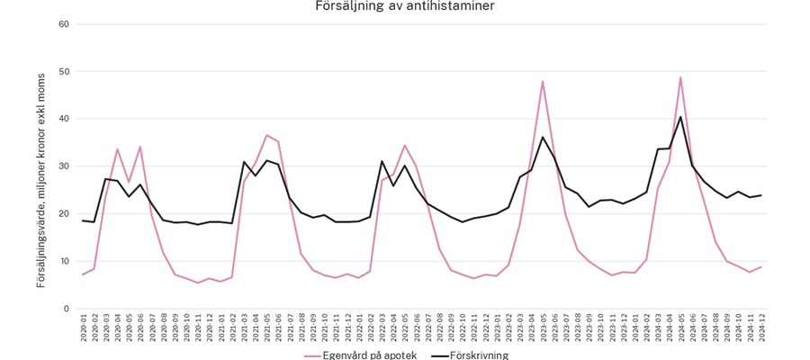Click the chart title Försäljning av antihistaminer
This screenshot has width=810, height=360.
coord(404,6)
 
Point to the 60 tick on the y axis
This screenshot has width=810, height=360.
coord(64,23)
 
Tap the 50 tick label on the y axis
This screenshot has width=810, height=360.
coord(64,71)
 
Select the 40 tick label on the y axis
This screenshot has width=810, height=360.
coord(64,119)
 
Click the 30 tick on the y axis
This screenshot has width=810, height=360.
coord(64,166)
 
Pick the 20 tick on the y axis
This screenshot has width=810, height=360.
coord(64,214)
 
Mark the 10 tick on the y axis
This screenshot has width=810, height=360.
coord(64,261)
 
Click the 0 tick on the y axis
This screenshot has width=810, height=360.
coord(67,309)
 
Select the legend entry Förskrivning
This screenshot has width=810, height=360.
coord(472,355)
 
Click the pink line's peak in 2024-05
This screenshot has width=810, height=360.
coord(680,77)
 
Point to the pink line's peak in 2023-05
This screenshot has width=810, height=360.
coord(543,81)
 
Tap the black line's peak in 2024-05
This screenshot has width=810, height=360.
coord(680,116)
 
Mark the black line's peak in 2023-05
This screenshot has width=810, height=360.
coord(543,137)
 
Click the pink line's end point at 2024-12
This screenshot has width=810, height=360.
coord(761,266)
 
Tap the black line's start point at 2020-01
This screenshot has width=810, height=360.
coord(83,220)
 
